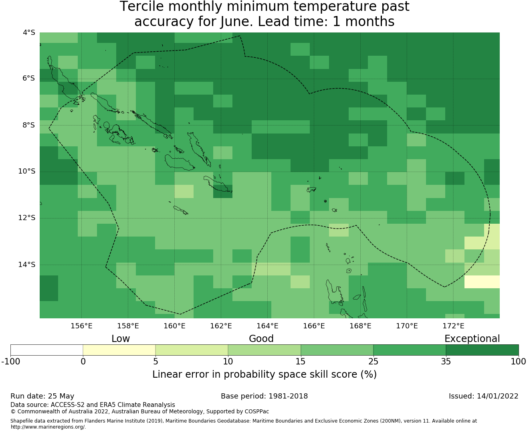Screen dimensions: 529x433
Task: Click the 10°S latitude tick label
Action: pyautogui.click(x=26, y=172)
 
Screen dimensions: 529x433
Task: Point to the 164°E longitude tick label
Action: pyautogui.click(x=267, y=326)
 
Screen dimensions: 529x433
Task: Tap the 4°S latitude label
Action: pyautogui.click(x=29, y=32)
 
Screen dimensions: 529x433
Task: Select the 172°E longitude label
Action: pyautogui.click(x=453, y=326)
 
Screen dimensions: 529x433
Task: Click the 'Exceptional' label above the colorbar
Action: pyautogui.click(x=472, y=339)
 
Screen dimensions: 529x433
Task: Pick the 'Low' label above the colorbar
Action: pyautogui.click(x=121, y=339)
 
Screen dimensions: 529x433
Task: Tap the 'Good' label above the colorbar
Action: pyautogui.click(x=261, y=339)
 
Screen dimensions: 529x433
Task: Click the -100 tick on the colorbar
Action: pyautogui.click(x=10, y=362)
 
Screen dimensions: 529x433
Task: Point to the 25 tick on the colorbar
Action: pyautogui.click(x=373, y=362)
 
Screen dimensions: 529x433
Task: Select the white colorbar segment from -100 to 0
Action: pyautogui.click(x=46, y=350)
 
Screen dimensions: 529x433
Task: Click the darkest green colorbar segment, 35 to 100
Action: pyautogui.click(x=482, y=350)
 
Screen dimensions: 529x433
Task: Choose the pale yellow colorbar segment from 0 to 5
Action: pyautogui.click(x=119, y=350)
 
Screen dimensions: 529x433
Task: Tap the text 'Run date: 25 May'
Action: pyautogui.click(x=42, y=396)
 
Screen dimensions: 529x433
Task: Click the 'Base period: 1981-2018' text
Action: pyautogui.click(x=264, y=396)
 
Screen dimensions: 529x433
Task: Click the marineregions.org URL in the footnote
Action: pyautogui.click(x=48, y=427)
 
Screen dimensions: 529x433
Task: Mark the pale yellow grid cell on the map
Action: pyautogui.click(x=482, y=281)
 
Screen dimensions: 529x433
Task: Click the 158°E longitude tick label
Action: pyautogui.click(x=128, y=326)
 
